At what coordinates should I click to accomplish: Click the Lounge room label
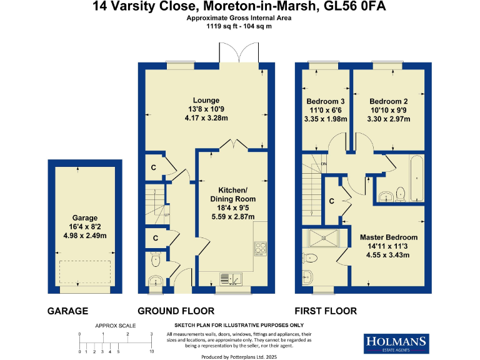pos(206,100)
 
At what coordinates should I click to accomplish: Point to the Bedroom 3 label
pos(326,101)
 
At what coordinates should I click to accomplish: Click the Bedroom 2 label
pos(388,101)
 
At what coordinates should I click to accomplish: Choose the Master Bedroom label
pos(389,237)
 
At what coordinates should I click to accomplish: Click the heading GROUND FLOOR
pos(176,311)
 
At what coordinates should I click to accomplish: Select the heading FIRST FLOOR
pos(326,311)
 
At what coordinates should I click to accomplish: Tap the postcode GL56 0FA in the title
pos(363,7)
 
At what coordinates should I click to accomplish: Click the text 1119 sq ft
pos(222,27)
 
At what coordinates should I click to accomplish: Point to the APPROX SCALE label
pos(116,326)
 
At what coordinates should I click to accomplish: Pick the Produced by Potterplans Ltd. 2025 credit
pos(239,356)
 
